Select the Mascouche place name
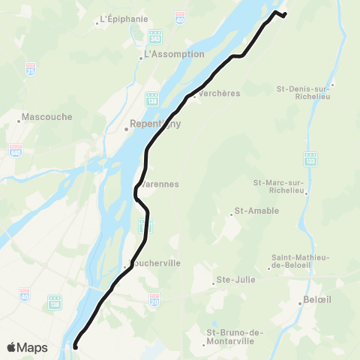point(43,117)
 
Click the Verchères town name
point(218,93)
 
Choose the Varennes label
point(160,184)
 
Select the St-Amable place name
point(256,211)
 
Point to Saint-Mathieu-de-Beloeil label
point(300,261)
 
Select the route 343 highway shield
point(155,34)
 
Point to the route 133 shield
point(310,161)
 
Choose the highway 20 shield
point(154,298)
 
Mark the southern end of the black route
point(75,346)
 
